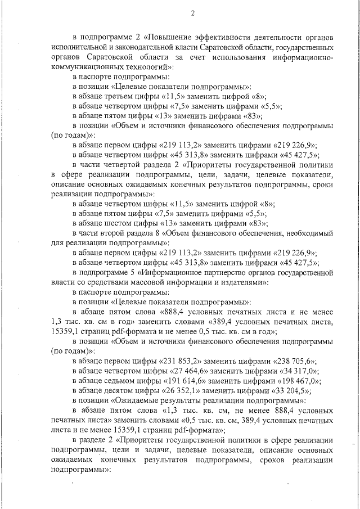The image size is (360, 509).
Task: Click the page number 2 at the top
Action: [192, 13]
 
